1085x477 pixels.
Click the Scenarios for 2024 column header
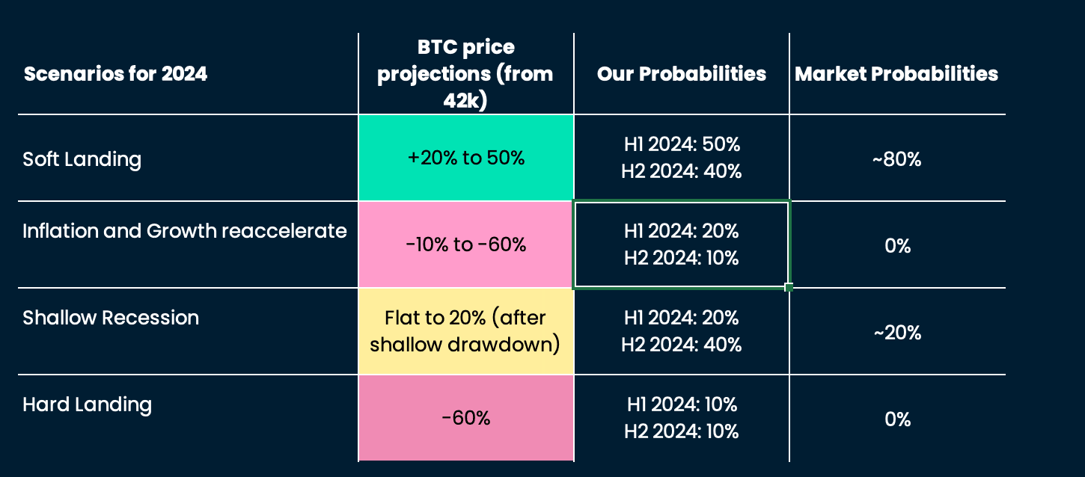115,74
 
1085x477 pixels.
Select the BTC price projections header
465,74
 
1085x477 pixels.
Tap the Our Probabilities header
681,74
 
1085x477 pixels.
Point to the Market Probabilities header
896,74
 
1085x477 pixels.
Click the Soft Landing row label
82,159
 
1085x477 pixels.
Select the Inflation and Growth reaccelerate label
185,231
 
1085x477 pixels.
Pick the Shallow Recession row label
111,318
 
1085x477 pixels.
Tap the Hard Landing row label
88,404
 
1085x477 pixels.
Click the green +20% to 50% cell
465,159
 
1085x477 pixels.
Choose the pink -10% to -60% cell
465,245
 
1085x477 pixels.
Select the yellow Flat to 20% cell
465,331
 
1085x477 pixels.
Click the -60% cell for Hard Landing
465,418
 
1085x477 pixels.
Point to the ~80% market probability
896,159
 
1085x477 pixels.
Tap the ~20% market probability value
896,332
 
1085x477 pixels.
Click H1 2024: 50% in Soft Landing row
681,144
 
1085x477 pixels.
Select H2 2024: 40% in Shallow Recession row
681,345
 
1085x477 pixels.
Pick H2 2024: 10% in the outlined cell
681,259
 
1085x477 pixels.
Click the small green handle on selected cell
789,287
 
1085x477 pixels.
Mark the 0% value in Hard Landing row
896,419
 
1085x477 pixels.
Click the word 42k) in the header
465,101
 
